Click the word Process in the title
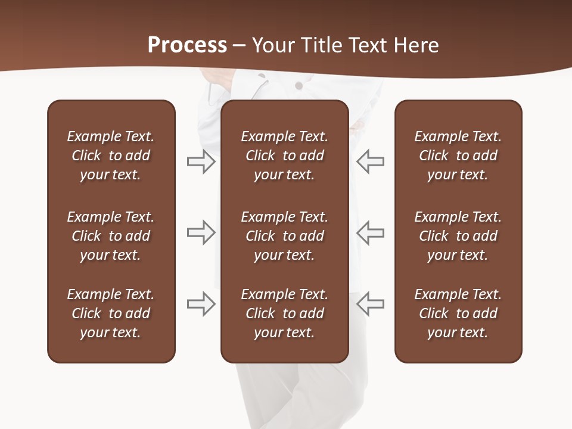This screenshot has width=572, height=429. (187, 45)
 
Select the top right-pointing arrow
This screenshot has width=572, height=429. (201, 161)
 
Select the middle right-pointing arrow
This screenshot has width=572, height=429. (201, 232)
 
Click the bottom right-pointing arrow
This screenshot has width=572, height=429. (201, 304)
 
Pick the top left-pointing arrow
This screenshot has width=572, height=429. (370, 161)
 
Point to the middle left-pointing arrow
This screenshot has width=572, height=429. (370, 232)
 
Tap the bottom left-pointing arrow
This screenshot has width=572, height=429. (370, 304)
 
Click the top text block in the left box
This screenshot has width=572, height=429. (111, 156)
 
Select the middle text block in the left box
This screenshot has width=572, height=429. (111, 236)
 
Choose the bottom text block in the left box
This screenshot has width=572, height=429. (111, 313)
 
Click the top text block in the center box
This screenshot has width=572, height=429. (284, 156)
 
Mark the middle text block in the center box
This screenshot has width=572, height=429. (284, 236)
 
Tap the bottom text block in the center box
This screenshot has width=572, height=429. (284, 313)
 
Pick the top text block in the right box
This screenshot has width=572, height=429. (458, 156)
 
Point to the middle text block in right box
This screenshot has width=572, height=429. (458, 236)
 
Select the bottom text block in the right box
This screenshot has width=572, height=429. (458, 313)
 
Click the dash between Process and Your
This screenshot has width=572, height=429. (239, 46)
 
